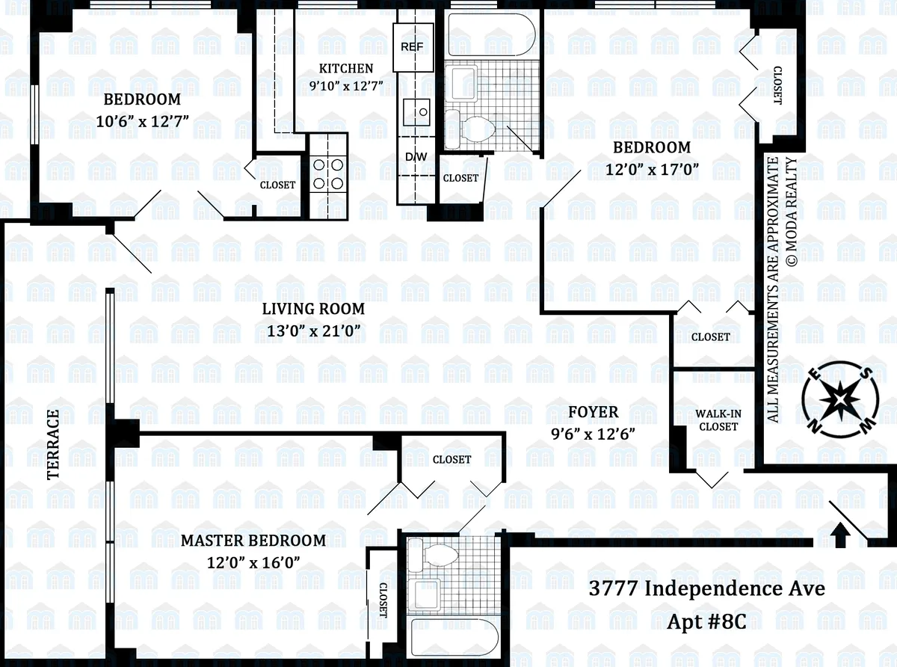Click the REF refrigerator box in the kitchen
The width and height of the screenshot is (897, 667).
pyautogui.click(x=412, y=46)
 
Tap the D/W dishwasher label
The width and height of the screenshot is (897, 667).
pyautogui.click(x=415, y=157)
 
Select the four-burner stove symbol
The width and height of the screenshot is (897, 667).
pyautogui.click(x=327, y=173)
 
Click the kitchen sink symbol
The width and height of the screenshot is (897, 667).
pyautogui.click(x=416, y=112)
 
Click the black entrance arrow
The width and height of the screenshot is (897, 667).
pyautogui.click(x=840, y=534)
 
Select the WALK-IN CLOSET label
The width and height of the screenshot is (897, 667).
pyautogui.click(x=717, y=419)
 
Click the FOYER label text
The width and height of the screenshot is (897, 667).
pyautogui.click(x=593, y=412)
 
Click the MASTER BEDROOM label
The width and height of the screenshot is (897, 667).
pyautogui.click(x=253, y=540)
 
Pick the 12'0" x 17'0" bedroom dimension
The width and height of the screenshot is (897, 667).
pyautogui.click(x=652, y=169)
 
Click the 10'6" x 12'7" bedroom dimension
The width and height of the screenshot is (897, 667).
pyautogui.click(x=143, y=120)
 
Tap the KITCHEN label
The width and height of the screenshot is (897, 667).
pyautogui.click(x=345, y=68)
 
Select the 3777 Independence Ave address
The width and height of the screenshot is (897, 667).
pyautogui.click(x=707, y=588)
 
